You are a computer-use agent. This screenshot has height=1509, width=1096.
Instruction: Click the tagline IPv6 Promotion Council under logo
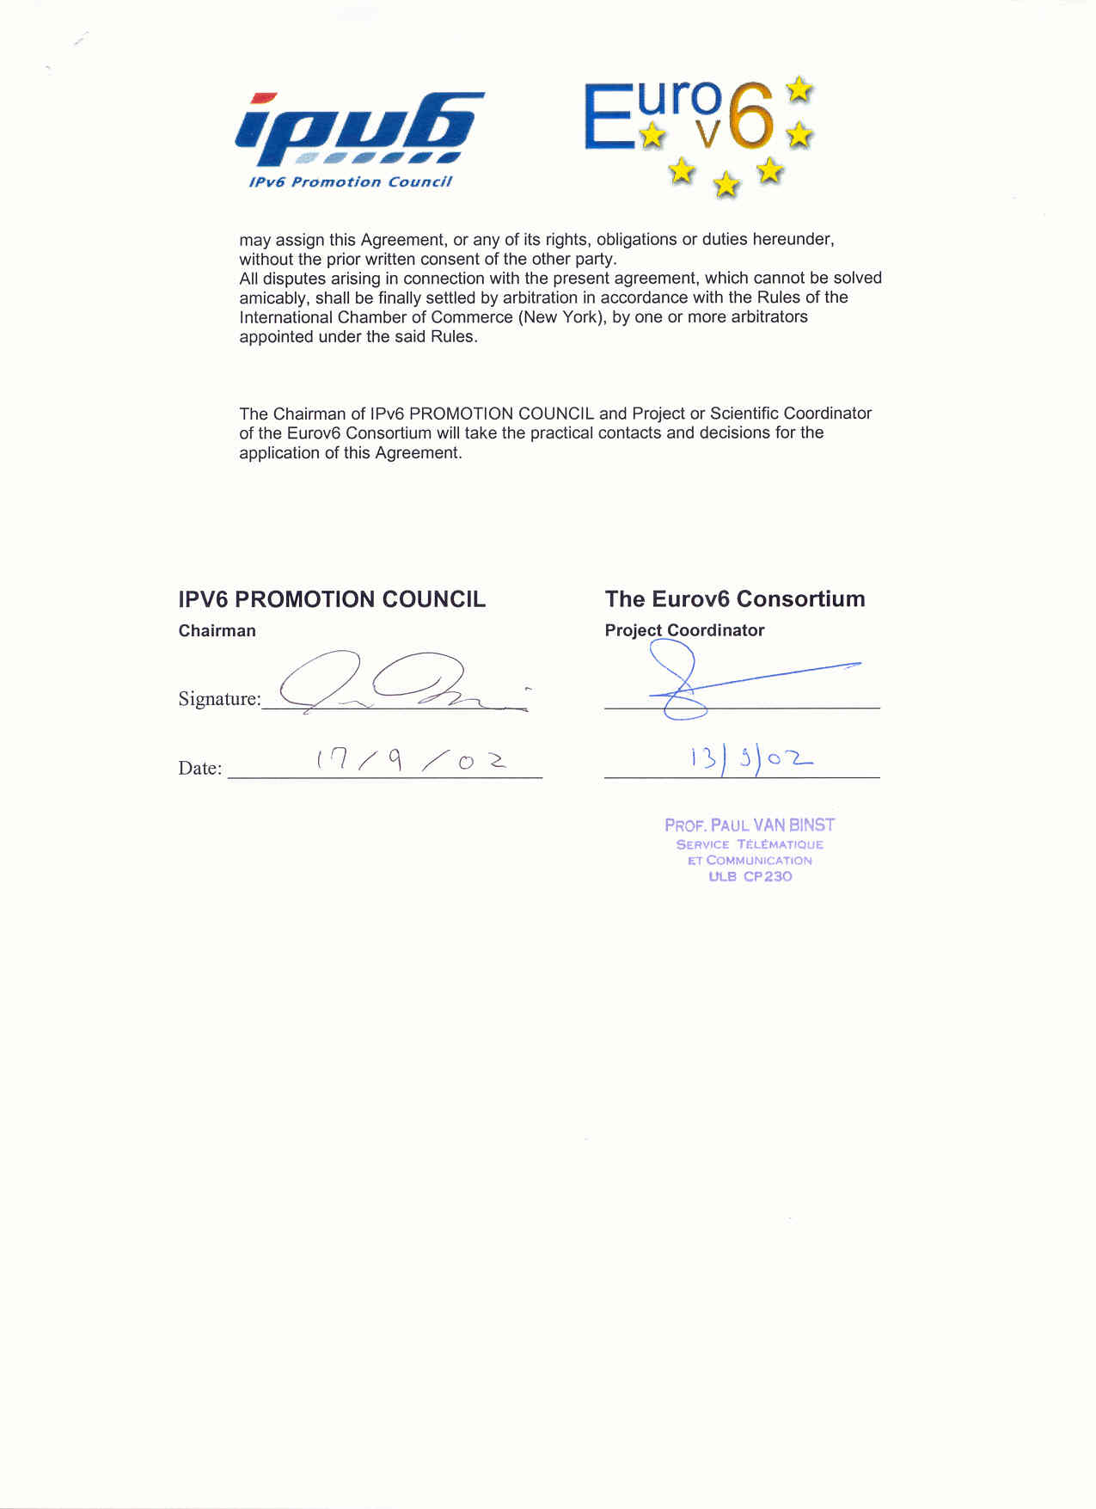(x=350, y=182)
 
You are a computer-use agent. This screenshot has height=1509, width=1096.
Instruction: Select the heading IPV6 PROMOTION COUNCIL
(x=332, y=599)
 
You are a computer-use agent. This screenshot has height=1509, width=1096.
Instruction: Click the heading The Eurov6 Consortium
(x=735, y=599)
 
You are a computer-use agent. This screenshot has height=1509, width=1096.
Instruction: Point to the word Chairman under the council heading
(x=217, y=631)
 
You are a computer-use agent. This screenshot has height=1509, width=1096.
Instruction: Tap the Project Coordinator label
(x=684, y=630)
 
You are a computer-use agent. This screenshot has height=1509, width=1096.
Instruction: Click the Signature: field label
(x=219, y=699)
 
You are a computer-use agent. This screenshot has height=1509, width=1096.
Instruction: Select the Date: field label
(x=199, y=769)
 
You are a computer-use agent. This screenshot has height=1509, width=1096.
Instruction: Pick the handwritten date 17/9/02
(x=411, y=760)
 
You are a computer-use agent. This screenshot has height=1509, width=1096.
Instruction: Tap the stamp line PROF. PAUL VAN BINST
(x=750, y=825)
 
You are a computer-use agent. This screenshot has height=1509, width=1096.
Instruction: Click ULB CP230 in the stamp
(x=750, y=877)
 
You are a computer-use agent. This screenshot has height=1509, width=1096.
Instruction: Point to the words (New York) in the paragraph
(x=562, y=317)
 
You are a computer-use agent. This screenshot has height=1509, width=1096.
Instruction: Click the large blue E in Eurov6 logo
(x=609, y=117)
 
